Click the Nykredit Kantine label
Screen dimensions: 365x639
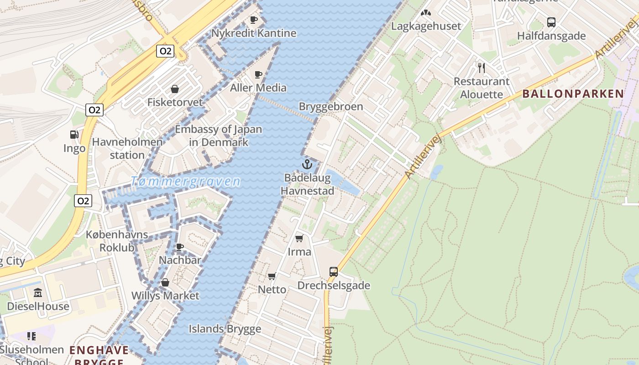coord(253,33)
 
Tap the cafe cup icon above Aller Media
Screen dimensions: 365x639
coord(258,74)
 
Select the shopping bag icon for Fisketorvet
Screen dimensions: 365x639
coord(174,89)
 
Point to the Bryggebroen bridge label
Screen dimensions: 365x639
coord(331,106)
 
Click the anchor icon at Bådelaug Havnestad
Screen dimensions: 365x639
coord(307,164)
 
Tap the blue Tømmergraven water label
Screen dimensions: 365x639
coord(185,182)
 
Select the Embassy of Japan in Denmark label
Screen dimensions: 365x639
coord(219,136)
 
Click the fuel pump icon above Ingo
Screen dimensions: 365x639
coord(74,135)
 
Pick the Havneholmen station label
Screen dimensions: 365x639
coord(127,148)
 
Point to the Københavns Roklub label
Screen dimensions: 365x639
coord(117,241)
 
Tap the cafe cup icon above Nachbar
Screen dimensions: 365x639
coord(180,247)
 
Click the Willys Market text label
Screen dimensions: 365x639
coord(165,296)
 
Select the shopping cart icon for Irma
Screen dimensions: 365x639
coord(299,238)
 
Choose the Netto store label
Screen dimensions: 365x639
coord(272,289)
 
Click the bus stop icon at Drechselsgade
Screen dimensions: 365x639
coord(334,272)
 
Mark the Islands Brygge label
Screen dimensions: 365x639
coord(225,328)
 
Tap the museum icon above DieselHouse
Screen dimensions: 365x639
coord(38,292)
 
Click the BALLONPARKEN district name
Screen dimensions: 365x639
coord(573,94)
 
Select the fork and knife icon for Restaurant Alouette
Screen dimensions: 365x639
coord(481,68)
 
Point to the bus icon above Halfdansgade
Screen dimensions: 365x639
coord(551,22)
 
